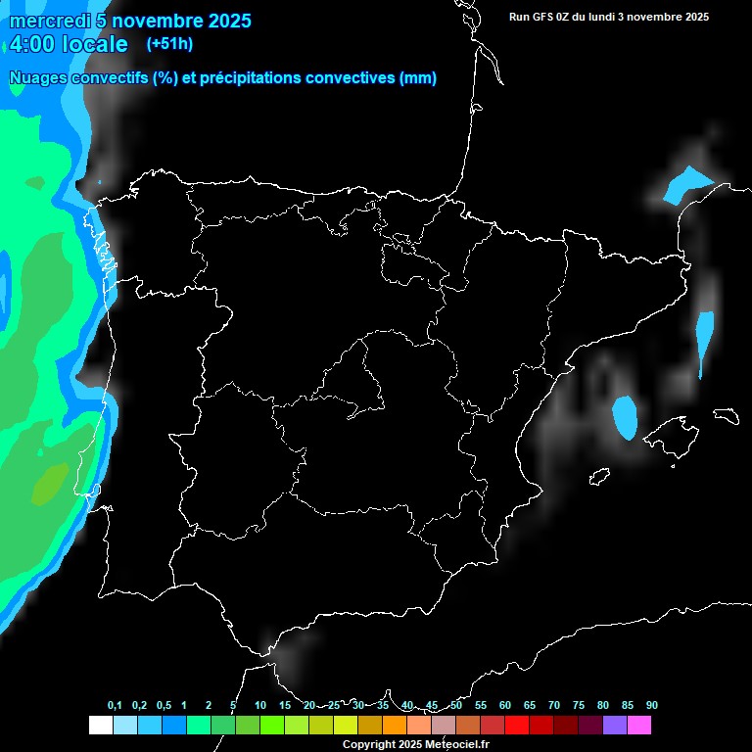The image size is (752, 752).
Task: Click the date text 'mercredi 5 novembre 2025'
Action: (130, 21)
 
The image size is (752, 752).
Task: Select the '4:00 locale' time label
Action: (69, 44)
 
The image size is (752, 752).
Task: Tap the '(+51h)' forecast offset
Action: (169, 44)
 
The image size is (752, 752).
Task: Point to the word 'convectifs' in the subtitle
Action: (107, 78)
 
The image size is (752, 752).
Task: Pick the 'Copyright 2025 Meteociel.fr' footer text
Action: (414, 744)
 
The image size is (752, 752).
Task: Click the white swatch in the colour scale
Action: (100, 725)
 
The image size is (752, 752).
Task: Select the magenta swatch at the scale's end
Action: (639, 725)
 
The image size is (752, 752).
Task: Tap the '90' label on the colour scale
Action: (652, 705)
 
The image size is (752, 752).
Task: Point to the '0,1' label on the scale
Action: (115, 705)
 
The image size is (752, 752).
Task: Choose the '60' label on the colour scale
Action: (505, 705)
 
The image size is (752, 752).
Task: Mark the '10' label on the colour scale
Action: (260, 705)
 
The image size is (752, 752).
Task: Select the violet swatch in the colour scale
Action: (615, 725)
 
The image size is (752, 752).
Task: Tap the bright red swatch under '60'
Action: (517, 725)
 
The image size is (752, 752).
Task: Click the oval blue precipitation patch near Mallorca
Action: (625, 417)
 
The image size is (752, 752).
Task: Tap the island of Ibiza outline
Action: (598, 477)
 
